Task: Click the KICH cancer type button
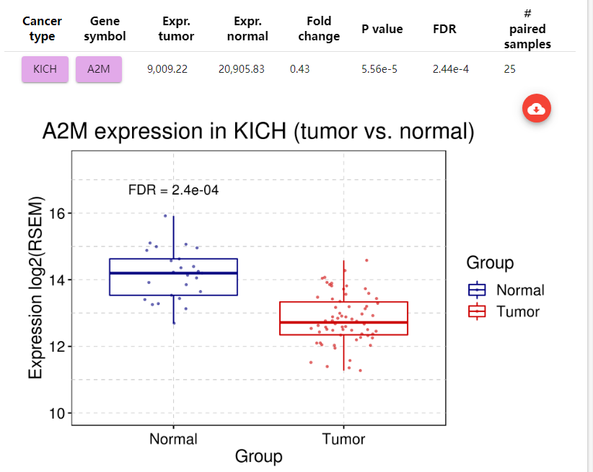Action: click(x=45, y=69)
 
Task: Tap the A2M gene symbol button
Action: click(x=99, y=69)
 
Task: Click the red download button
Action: click(x=536, y=109)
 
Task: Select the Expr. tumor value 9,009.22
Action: click(x=167, y=69)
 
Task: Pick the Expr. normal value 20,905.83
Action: click(x=241, y=69)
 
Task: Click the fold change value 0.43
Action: click(x=299, y=69)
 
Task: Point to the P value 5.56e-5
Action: click(x=379, y=69)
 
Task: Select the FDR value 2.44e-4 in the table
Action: click(x=451, y=69)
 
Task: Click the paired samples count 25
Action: click(x=510, y=69)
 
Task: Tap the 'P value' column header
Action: click(x=382, y=29)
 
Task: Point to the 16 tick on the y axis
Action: click(x=57, y=213)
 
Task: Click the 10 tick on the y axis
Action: click(x=57, y=413)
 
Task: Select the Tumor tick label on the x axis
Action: click(x=343, y=439)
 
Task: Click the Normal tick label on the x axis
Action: click(x=173, y=439)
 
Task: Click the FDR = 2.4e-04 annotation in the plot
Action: click(x=173, y=190)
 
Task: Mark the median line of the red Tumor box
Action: click(x=343, y=322)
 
